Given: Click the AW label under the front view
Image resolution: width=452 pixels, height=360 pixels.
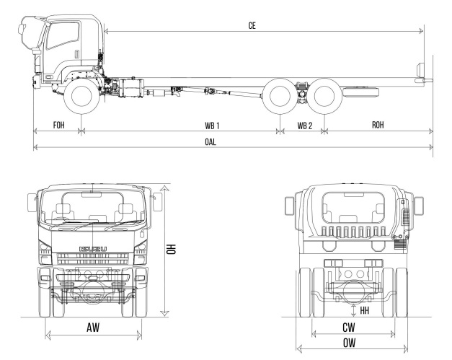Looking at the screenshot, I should [x=92, y=328].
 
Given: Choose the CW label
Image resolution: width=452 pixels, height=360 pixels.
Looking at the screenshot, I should [x=353, y=327].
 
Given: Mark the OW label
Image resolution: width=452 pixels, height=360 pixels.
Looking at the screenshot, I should [x=353, y=342].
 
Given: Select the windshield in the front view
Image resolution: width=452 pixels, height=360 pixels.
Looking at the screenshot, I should [x=92, y=207].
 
